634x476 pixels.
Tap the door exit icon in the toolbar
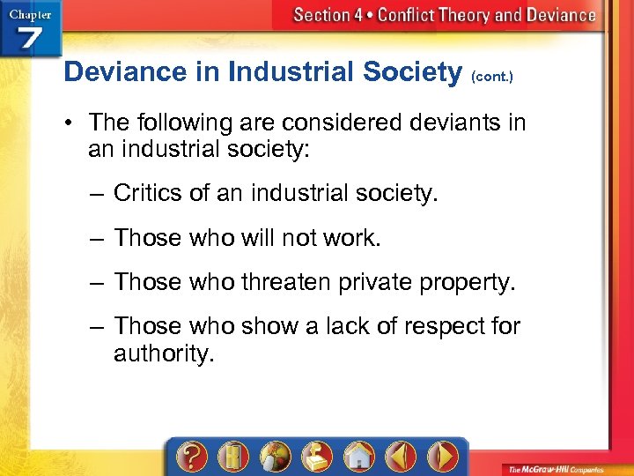tap(232, 457)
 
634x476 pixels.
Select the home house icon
tap(358, 457)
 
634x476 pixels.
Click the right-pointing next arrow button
tap(442, 457)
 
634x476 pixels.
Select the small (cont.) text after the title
tap(492, 77)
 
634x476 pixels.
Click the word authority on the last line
tap(164, 353)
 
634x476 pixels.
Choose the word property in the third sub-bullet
tap(466, 282)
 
